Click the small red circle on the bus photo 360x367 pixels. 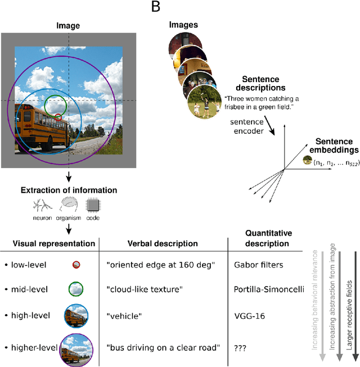point(58,117)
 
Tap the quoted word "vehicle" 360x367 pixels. point(125,316)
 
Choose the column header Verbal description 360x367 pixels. point(163,243)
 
